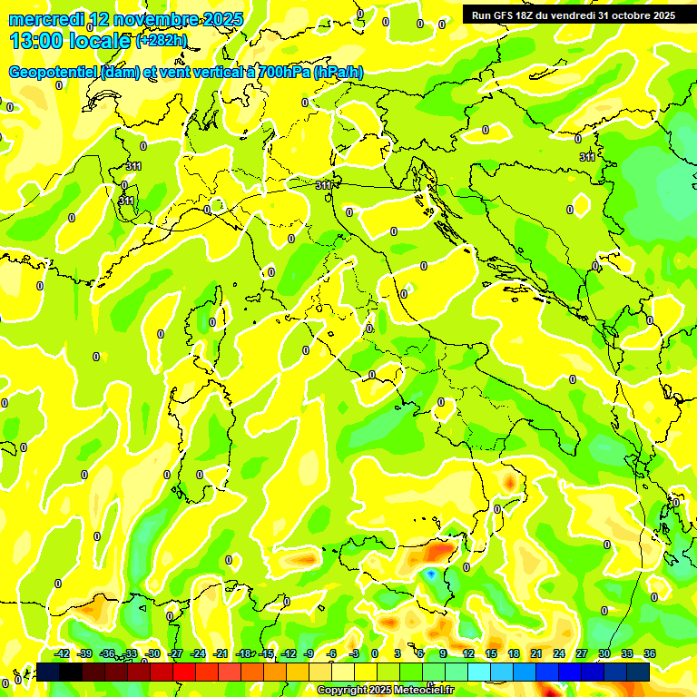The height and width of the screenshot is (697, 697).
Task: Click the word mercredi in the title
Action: pos(43,19)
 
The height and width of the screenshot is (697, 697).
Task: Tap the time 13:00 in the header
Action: pos(35,41)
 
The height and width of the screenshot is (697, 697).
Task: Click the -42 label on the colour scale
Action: pos(63,654)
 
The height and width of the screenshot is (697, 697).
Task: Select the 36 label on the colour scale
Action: pos(650,654)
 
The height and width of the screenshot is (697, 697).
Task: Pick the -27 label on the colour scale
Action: pos(175,654)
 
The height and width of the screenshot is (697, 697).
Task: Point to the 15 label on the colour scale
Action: pos(491,654)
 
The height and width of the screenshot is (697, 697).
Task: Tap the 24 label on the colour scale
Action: pos(558,654)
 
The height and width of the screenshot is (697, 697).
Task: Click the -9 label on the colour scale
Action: pos(309,654)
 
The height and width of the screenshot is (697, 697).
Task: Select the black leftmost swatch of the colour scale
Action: pos(48,672)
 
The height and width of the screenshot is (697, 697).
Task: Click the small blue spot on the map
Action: pos(431,574)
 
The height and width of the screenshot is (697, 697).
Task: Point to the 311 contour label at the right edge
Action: pos(587,157)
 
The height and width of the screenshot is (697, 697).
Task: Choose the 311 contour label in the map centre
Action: pos(323,185)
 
